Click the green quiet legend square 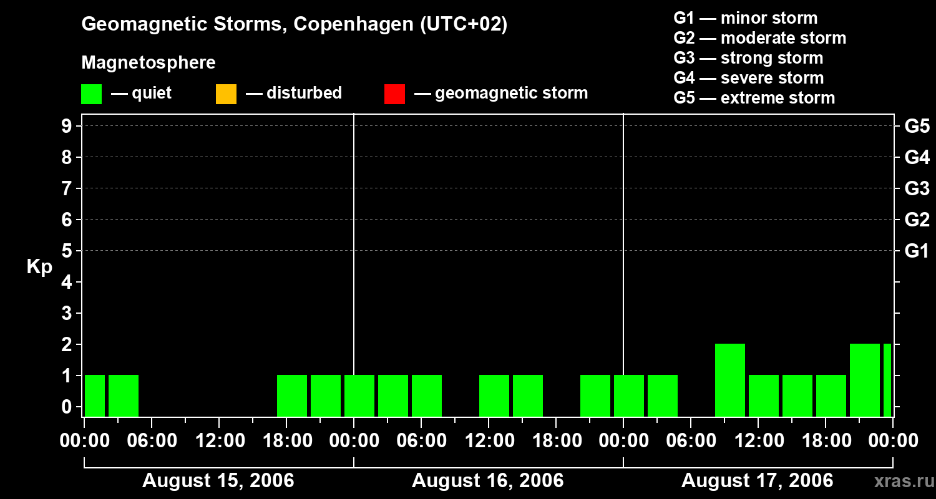point(91,94)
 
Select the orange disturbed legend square point(226,94)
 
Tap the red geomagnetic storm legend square point(394,94)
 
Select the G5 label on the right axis point(917,126)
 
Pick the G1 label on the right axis point(917,251)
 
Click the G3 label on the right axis point(917,188)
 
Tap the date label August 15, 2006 point(218,481)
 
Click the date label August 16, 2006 point(488,481)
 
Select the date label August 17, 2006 point(757,481)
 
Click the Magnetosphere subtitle point(149,63)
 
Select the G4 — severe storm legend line point(749,78)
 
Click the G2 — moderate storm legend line point(760,38)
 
